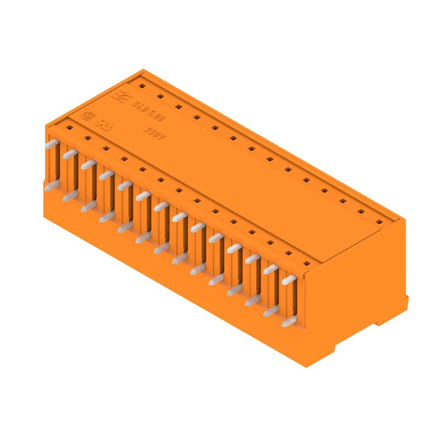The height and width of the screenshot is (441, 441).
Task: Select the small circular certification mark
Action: point(87,116)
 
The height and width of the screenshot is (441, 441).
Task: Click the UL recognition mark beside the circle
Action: point(104,123)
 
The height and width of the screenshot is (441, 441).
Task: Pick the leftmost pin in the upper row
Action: point(51,143)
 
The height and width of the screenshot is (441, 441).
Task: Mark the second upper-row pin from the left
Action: point(69,154)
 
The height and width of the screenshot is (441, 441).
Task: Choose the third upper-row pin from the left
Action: point(88,164)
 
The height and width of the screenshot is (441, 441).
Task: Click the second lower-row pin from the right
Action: point(270,312)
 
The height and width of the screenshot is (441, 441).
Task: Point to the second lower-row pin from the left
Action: point(69,197)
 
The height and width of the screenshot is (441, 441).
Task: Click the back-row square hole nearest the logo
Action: point(141,87)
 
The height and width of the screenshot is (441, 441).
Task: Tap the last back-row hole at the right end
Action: point(379,222)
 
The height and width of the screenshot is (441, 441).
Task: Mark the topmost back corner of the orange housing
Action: point(144,70)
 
